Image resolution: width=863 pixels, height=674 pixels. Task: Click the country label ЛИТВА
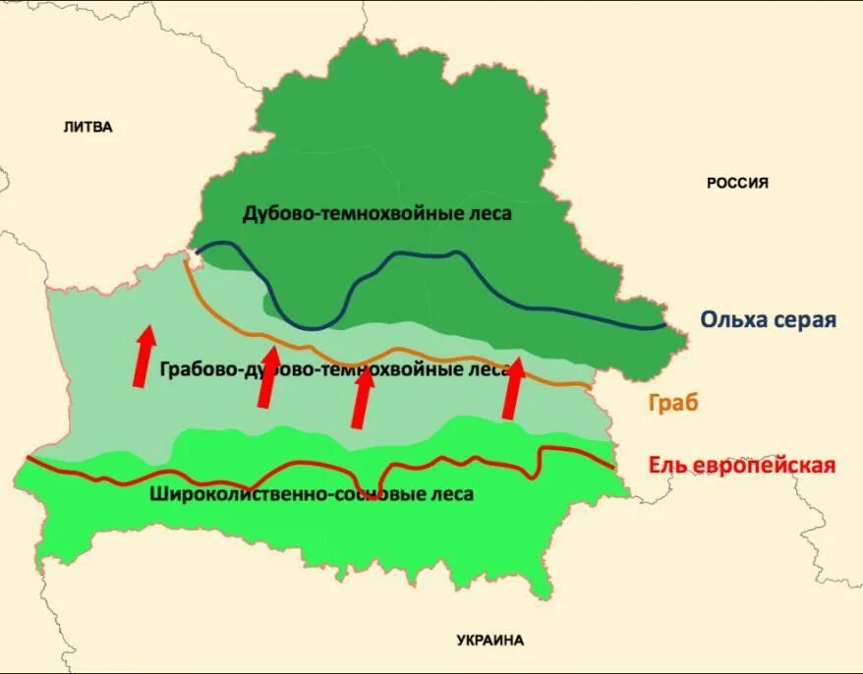(x=87, y=127)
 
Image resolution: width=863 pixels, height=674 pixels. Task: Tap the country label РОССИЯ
(x=737, y=183)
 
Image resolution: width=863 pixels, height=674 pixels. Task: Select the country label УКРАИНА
(x=490, y=640)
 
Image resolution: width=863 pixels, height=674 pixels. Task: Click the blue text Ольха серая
(x=768, y=319)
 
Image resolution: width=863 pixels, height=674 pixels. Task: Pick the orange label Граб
(x=669, y=403)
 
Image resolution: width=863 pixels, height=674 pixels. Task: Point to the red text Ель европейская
(x=742, y=465)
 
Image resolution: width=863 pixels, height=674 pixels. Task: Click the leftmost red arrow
(x=144, y=356)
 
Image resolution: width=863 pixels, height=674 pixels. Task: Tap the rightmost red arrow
(x=512, y=388)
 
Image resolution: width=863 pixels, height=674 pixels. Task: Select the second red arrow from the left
(x=266, y=376)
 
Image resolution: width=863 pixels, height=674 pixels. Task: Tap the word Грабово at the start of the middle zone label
(x=192, y=370)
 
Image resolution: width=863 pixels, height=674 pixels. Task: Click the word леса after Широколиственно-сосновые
(x=451, y=494)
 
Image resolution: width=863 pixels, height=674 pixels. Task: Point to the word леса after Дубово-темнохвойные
(x=489, y=213)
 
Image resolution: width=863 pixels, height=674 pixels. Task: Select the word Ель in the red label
(x=667, y=465)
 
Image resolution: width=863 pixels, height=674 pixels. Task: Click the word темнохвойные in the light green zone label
(x=399, y=370)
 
